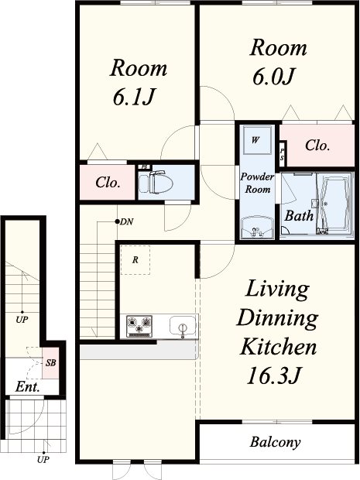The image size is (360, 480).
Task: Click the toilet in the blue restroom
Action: click(156, 183)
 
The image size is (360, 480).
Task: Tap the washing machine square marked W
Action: click(257, 140)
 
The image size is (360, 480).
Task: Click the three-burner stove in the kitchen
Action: click(139, 327)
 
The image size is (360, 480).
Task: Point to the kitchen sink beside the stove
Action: click(183, 327)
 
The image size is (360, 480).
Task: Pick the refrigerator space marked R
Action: click(135, 260)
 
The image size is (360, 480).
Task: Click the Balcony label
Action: click(275, 442)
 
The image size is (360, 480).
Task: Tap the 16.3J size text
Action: click(274, 375)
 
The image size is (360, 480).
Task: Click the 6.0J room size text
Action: click(273, 76)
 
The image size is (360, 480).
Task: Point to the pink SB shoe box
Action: click(50, 363)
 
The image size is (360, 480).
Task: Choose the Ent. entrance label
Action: click(28, 387)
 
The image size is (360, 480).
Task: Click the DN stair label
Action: click(126, 221)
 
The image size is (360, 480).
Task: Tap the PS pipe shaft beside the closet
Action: click(282, 154)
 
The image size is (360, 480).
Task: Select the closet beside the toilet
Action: click(108, 183)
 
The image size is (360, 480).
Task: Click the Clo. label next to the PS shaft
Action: click(317, 146)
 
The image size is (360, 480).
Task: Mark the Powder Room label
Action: click(257, 183)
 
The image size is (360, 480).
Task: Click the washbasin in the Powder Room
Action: click(257, 228)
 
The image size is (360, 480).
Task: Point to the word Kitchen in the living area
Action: click(278, 347)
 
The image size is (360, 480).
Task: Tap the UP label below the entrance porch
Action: click(43, 460)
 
